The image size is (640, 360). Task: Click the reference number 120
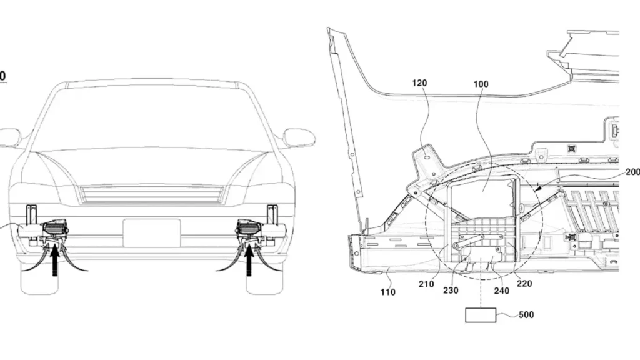coord(419,83)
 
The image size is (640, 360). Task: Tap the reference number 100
coord(481,84)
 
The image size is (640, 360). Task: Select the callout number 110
coord(387,292)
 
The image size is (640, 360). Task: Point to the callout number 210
coord(426,284)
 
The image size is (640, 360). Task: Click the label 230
coord(451,291)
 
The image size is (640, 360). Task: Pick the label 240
coord(502,291)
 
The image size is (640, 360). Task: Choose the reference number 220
coord(524,284)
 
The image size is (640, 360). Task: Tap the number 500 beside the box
coord(526,315)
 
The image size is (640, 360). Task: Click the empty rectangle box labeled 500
coord(481,315)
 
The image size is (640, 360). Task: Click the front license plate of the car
coord(151,233)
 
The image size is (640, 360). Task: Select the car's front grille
coord(152,195)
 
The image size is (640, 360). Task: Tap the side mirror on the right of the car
coord(299,137)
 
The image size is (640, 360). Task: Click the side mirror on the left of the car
coord(10,137)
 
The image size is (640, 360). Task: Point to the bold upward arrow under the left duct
coord(55,260)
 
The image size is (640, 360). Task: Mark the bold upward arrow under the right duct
coord(249,260)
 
